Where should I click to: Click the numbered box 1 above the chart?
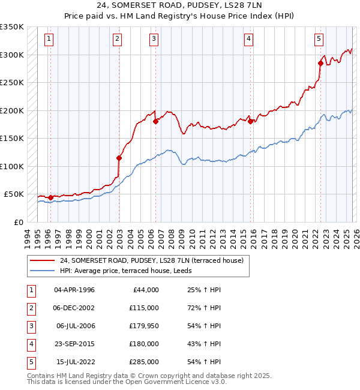click(x=48, y=40)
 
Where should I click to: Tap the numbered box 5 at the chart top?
click(x=319, y=40)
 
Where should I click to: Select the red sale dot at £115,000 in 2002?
click(x=119, y=158)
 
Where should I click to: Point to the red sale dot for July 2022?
click(x=320, y=63)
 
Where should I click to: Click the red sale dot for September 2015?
click(x=250, y=121)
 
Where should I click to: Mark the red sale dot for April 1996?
click(x=50, y=197)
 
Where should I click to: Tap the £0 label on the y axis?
click(x=19, y=222)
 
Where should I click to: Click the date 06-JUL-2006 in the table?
click(x=75, y=326)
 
